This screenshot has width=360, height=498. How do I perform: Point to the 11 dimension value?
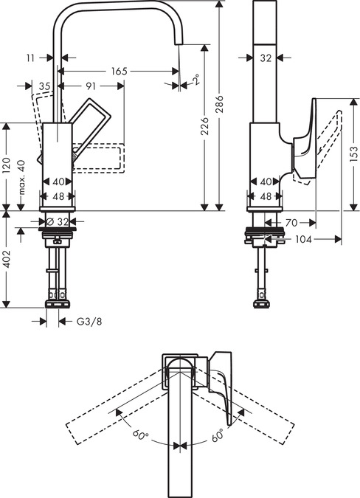(30, 56)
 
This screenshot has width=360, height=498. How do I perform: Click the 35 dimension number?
(44, 86)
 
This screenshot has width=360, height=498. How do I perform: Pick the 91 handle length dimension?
(91, 86)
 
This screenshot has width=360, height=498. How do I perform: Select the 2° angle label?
(195, 80)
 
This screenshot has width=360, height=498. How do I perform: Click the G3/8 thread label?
(90, 321)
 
